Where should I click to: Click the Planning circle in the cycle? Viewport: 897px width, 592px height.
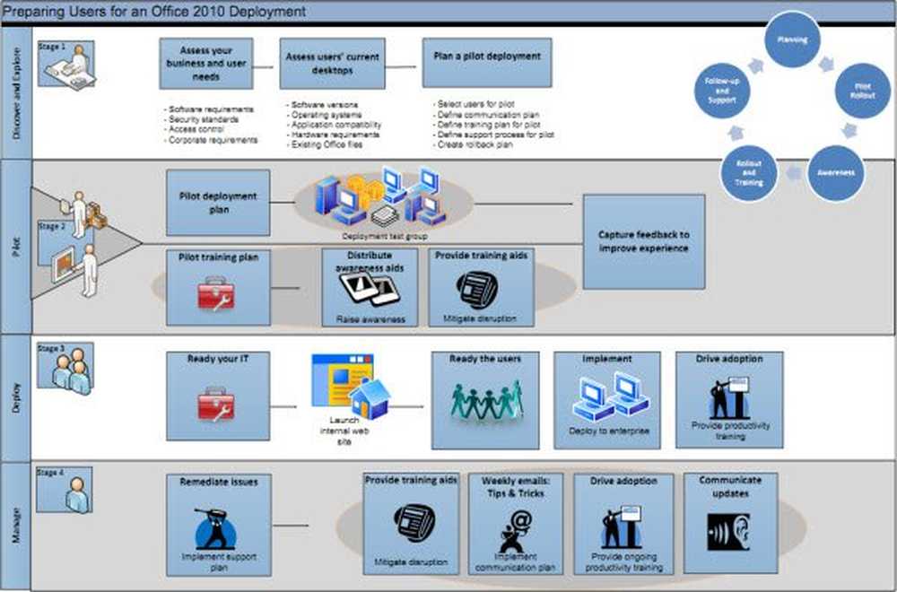[792, 39]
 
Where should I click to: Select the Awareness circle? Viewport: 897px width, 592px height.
[835, 173]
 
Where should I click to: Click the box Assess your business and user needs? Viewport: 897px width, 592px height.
[205, 63]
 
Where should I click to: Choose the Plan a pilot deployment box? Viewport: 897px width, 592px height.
[486, 62]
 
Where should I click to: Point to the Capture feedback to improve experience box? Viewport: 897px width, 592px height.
[643, 241]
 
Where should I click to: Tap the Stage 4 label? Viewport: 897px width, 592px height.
[50, 473]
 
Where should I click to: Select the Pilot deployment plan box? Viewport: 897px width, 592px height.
[217, 202]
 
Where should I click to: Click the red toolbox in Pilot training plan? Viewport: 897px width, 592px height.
[216, 293]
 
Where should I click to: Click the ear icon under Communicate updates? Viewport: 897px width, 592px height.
[727, 531]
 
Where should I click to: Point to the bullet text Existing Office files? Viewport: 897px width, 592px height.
[324, 144]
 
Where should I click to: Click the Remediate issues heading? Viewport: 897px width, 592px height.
[218, 482]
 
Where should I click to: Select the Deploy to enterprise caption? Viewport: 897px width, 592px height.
[607, 431]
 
